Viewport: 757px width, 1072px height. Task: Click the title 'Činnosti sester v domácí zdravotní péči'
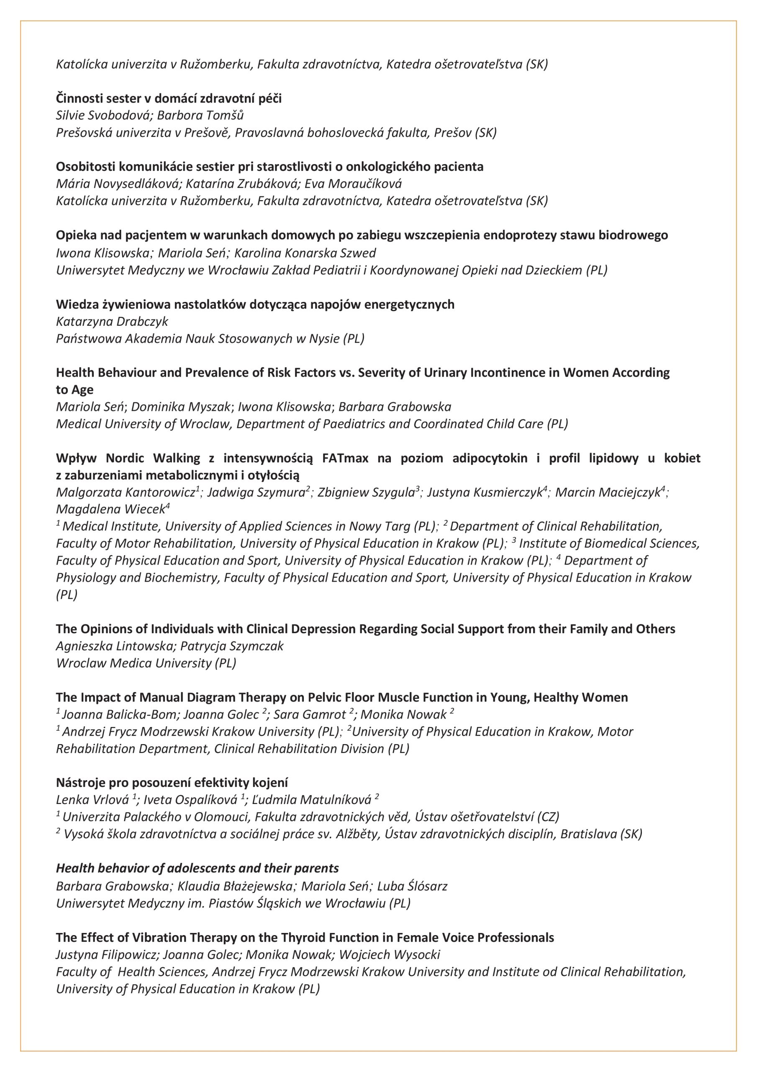(x=169, y=98)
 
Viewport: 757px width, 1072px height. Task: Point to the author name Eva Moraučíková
(x=353, y=184)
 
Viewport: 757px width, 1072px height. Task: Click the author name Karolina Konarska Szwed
(x=305, y=253)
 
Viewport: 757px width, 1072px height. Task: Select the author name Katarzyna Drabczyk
(x=112, y=321)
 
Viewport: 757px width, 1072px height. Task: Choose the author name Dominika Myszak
(x=181, y=407)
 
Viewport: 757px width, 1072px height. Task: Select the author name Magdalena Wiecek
(x=110, y=509)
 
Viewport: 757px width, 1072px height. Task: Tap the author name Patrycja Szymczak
(x=232, y=646)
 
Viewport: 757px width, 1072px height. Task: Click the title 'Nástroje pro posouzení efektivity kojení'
(x=172, y=783)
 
